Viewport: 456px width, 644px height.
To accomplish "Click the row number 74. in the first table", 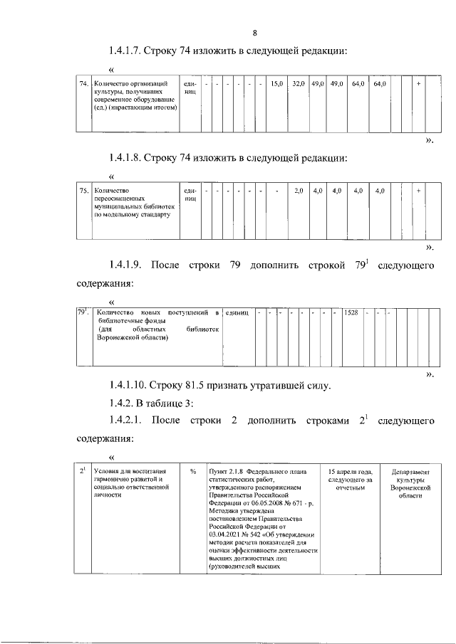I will pyautogui.click(x=83, y=85).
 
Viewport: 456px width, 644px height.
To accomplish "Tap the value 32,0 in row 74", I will pyautogui.click(x=299, y=85).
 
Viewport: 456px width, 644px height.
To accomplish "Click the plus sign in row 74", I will pyautogui.click(x=418, y=85).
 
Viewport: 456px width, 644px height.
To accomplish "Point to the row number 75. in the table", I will pyautogui.click(x=83, y=191).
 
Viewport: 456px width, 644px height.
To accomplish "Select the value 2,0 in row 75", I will pyautogui.click(x=299, y=191).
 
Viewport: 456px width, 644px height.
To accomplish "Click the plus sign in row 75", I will pyautogui.click(x=418, y=191).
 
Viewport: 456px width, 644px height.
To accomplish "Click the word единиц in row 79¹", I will pyautogui.click(x=237, y=313).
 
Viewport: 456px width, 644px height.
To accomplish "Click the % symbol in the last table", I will pyautogui.click(x=193, y=471).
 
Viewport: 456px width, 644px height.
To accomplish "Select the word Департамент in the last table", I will pyautogui.click(x=407, y=471).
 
